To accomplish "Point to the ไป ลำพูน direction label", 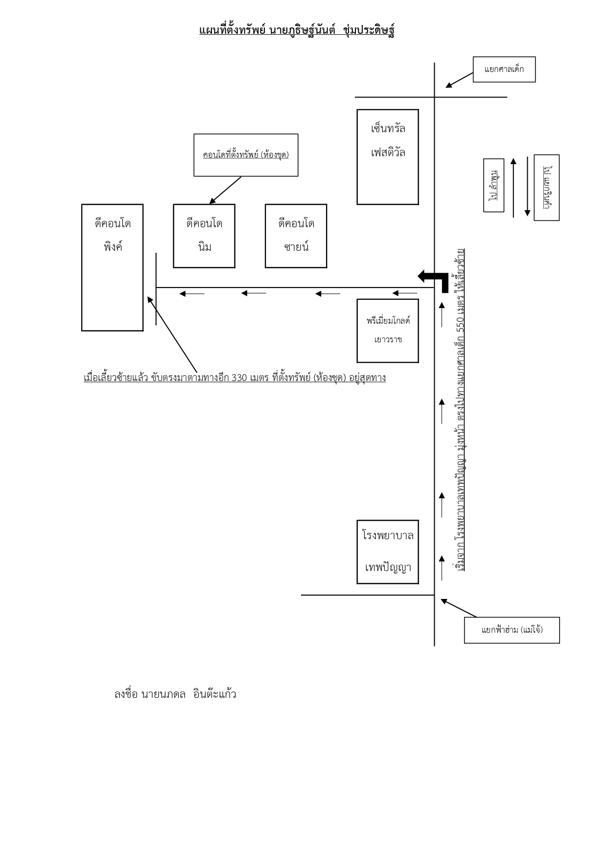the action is (493, 185).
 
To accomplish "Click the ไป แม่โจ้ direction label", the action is (546, 188).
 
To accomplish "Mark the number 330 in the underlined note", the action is (239, 378).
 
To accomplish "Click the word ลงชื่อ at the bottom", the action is (125, 694).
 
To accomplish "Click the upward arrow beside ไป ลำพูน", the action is (514, 188).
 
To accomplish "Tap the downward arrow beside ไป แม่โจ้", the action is (527, 187).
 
